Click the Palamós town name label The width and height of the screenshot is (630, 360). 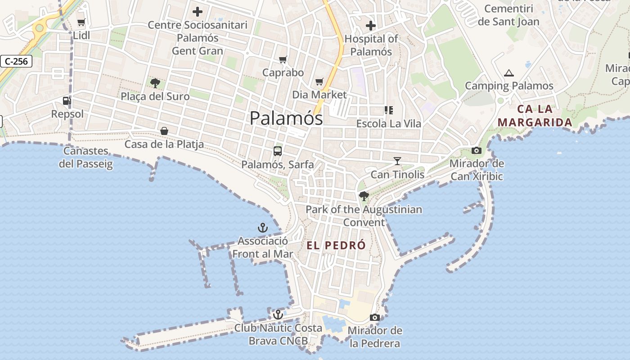coord(286,118)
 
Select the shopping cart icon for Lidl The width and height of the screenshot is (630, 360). coord(81,22)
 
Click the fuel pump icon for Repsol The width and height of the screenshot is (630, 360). coord(67,100)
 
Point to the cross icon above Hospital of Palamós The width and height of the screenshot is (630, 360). coord(370,26)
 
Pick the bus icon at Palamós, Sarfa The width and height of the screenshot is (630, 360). coord(278,151)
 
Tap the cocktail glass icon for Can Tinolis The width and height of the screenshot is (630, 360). coord(397,161)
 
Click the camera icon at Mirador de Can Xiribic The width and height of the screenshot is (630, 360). coord(476,150)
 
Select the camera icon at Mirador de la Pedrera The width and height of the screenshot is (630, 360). coord(374,317)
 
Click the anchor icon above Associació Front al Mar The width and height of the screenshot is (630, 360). coord(262,227)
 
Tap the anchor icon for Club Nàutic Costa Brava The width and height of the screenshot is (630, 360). coord(278,314)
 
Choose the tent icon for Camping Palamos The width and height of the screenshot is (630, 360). coord(508,73)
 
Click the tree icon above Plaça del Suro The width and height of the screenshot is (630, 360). coord(155,83)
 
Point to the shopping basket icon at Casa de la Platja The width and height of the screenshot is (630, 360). coord(164,130)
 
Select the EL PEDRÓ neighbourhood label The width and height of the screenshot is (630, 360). coord(336,245)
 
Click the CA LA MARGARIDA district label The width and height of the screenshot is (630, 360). coord(535,116)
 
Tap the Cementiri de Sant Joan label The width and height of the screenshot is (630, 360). coord(508,15)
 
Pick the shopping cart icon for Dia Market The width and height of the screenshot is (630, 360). coord(319,81)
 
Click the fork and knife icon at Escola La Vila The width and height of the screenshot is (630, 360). coord(388,110)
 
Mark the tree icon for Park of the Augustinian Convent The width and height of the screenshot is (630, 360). coord(364,196)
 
